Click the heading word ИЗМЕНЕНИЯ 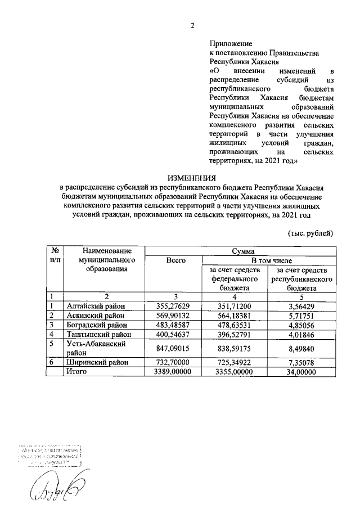(x=192, y=178)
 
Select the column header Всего (x=173, y=260)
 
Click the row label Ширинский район (x=95, y=363)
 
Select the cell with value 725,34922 (x=235, y=363)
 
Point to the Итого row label (x=78, y=372)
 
